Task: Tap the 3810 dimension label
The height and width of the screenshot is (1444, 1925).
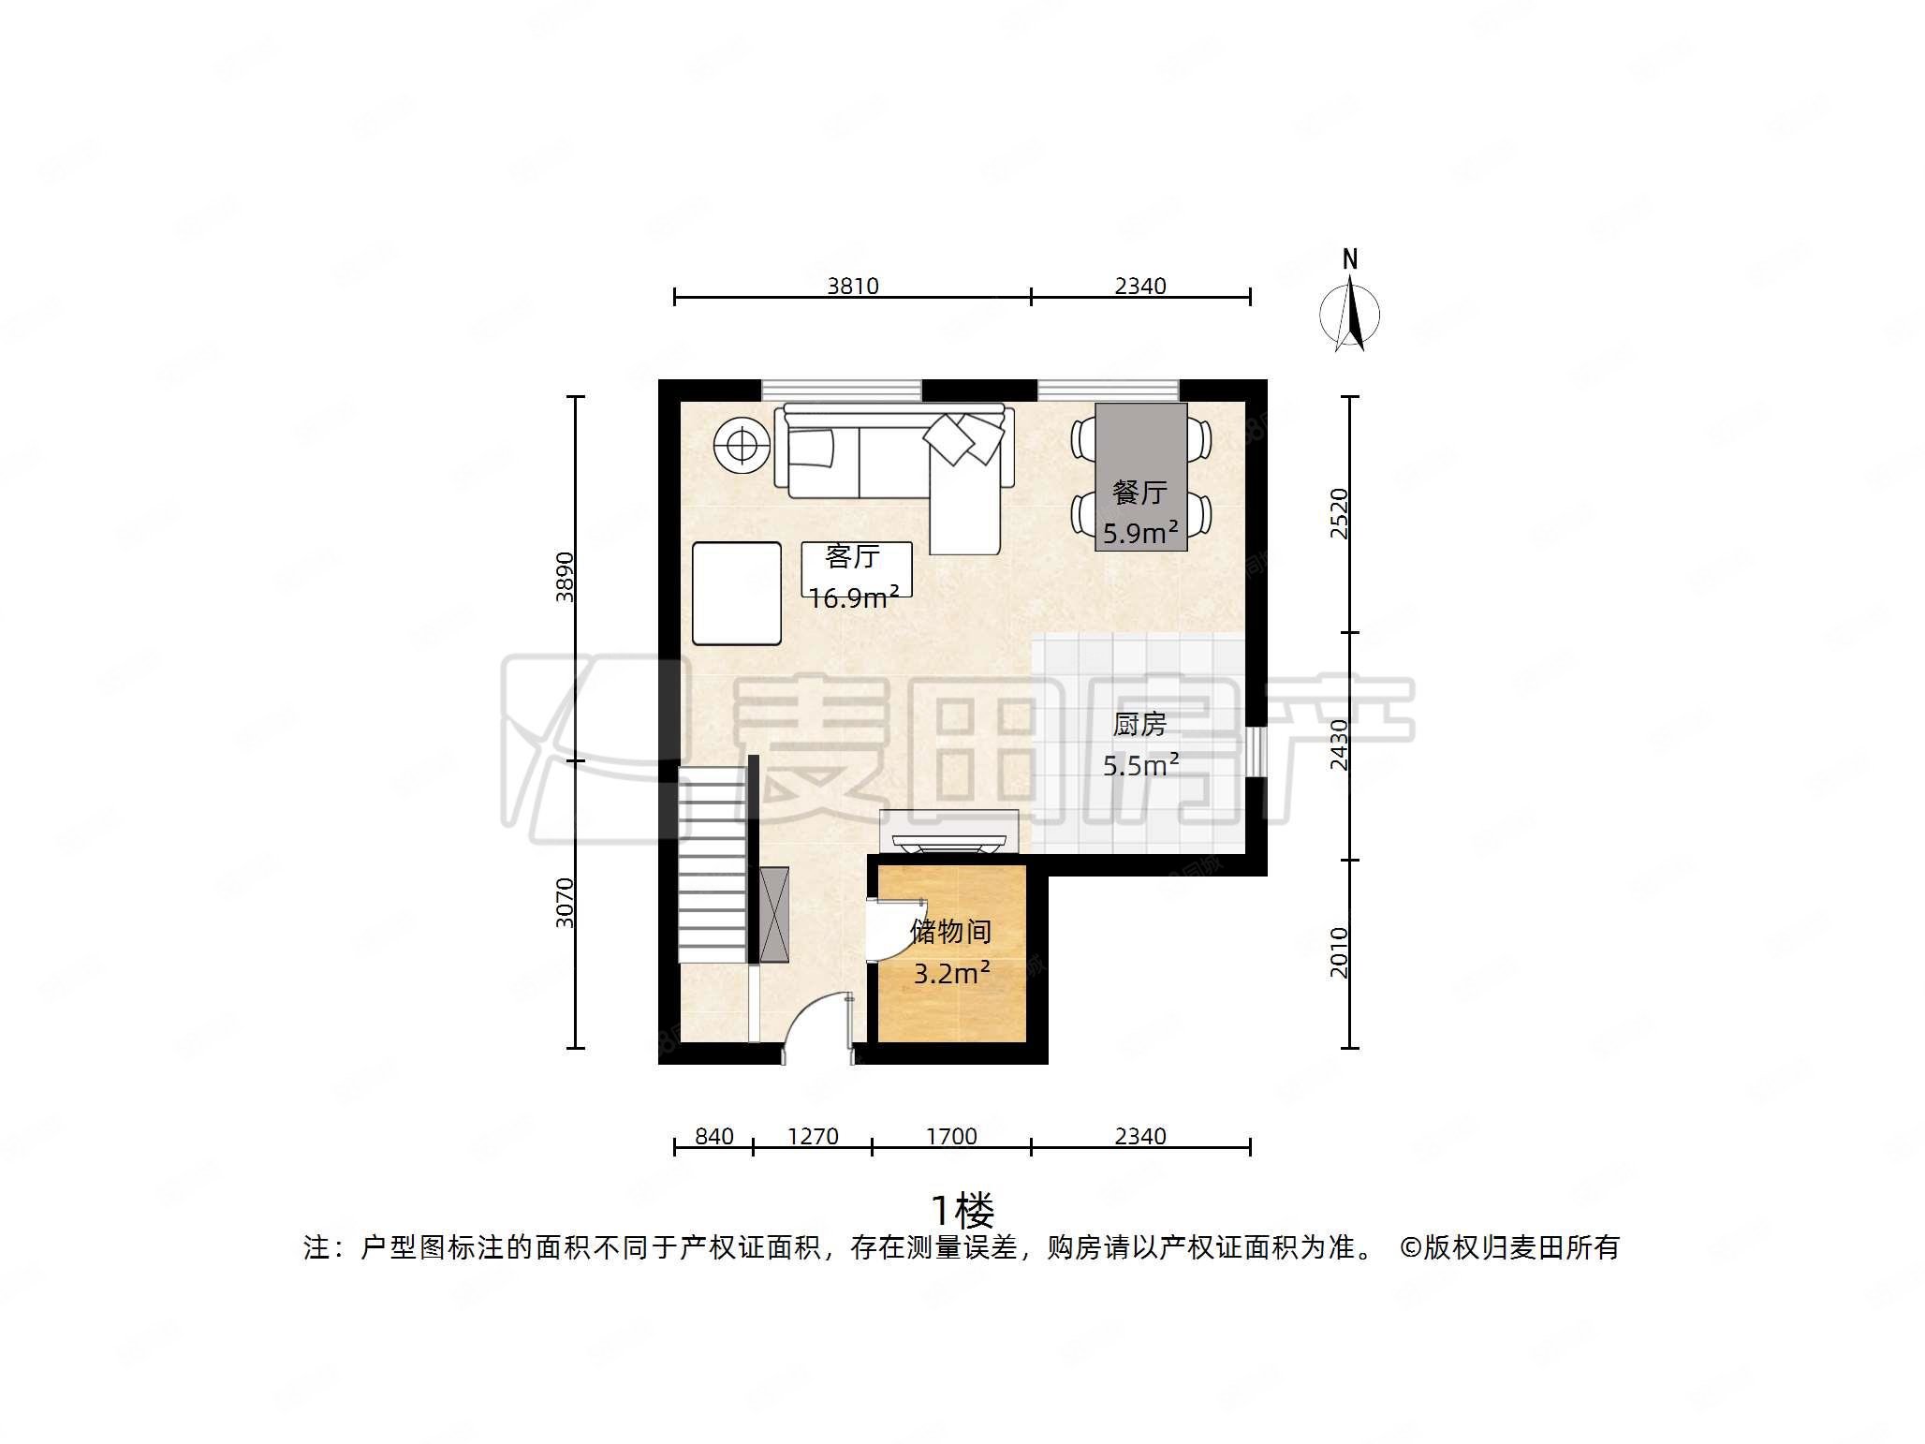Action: (852, 286)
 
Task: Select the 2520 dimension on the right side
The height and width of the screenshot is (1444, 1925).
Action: (1339, 513)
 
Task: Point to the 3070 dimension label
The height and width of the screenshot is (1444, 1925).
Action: (565, 903)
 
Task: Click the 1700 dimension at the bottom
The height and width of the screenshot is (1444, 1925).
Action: (951, 1136)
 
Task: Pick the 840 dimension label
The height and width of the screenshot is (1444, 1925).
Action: (713, 1136)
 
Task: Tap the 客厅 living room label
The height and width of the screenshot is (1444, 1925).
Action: (852, 556)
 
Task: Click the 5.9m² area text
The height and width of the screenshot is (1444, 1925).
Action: (1139, 533)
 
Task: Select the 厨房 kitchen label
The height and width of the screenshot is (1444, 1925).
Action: (1139, 724)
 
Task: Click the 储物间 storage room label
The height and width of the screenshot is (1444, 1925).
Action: (950, 931)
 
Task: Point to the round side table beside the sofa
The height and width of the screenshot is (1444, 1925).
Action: (742, 445)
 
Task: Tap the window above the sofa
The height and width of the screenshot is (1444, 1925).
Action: (841, 390)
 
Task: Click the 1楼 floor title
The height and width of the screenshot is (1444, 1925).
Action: (962, 1211)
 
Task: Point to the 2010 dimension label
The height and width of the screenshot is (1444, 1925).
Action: (1339, 952)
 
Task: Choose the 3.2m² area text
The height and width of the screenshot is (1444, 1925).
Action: (951, 974)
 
